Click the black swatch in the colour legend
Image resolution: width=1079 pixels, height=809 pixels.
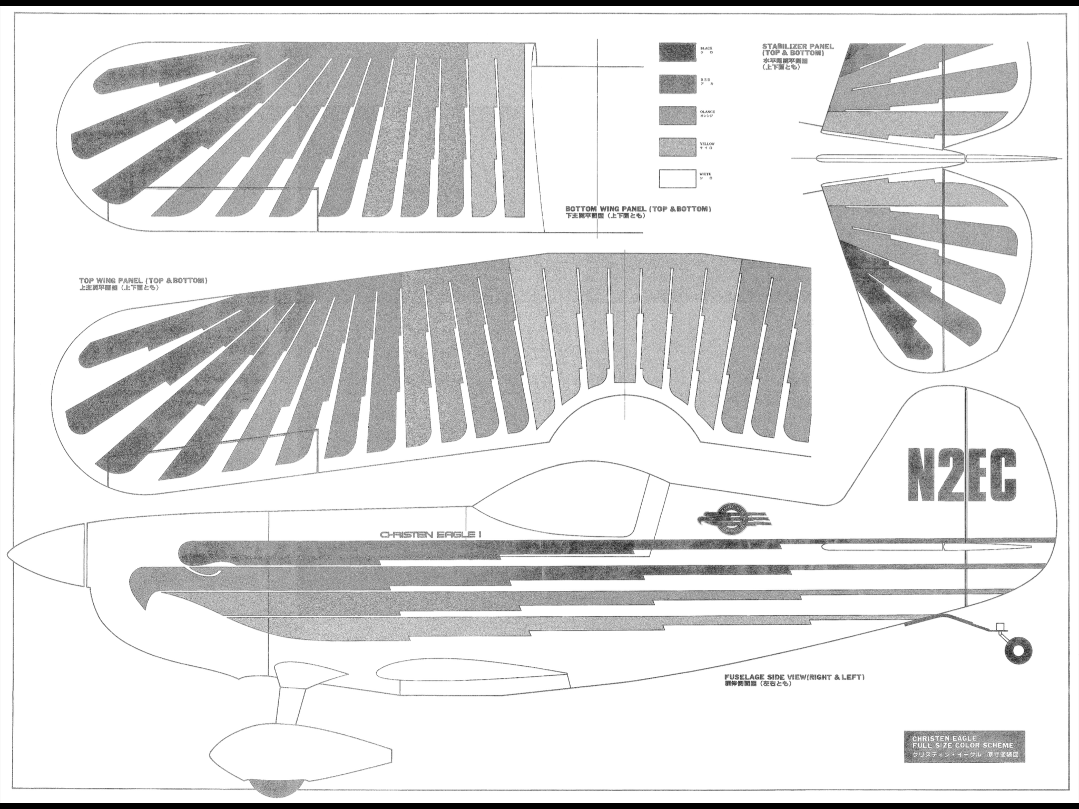(x=677, y=52)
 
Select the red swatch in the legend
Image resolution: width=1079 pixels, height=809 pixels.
(x=677, y=84)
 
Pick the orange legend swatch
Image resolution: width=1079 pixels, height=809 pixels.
(x=677, y=115)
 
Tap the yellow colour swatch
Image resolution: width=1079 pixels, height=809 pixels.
(x=677, y=147)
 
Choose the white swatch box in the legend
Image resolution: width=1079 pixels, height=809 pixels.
(x=677, y=179)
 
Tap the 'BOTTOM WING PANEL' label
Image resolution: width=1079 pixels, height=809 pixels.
(x=638, y=209)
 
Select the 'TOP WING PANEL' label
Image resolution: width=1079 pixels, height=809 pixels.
(x=143, y=280)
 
